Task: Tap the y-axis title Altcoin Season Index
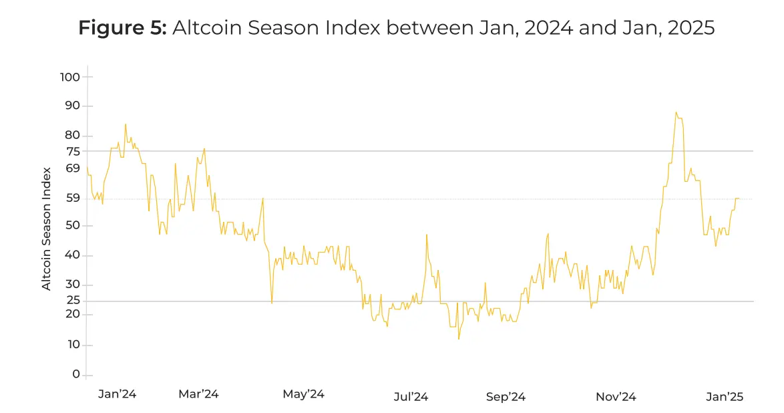tap(47, 229)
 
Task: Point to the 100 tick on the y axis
tap(69, 77)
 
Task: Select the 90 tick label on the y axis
tap(71, 106)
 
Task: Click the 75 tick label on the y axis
tap(72, 151)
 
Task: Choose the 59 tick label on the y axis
tap(72, 198)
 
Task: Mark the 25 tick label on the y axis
tap(72, 301)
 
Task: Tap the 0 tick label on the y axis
tap(76, 375)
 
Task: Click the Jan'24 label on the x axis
tap(117, 394)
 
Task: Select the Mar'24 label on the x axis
tap(198, 394)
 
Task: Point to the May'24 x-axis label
tap(304, 394)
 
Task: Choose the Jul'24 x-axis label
tap(411, 397)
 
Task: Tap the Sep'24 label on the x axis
tap(506, 397)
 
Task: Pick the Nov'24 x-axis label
tap(616, 397)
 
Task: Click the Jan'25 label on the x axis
tap(725, 397)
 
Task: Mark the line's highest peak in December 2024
tap(676, 112)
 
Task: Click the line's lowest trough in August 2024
tap(459, 339)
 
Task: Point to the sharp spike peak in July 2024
tap(426, 235)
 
